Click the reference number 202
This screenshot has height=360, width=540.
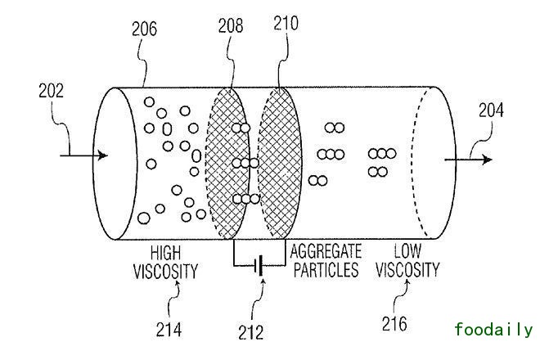pyautogui.click(x=51, y=90)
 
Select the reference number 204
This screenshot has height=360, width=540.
pyautogui.click(x=491, y=109)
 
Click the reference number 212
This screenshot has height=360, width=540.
pyautogui.click(x=252, y=332)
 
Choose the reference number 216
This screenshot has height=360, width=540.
pyautogui.click(x=394, y=325)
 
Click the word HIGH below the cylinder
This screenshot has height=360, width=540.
pyautogui.click(x=165, y=252)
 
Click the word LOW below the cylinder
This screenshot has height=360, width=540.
pyautogui.click(x=407, y=252)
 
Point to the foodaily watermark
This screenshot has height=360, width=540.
pyautogui.click(x=493, y=330)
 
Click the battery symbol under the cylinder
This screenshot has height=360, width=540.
pyautogui.click(x=259, y=265)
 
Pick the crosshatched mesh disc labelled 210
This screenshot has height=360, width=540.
pyautogui.click(x=281, y=164)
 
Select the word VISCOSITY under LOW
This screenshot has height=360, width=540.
pyautogui.click(x=407, y=270)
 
